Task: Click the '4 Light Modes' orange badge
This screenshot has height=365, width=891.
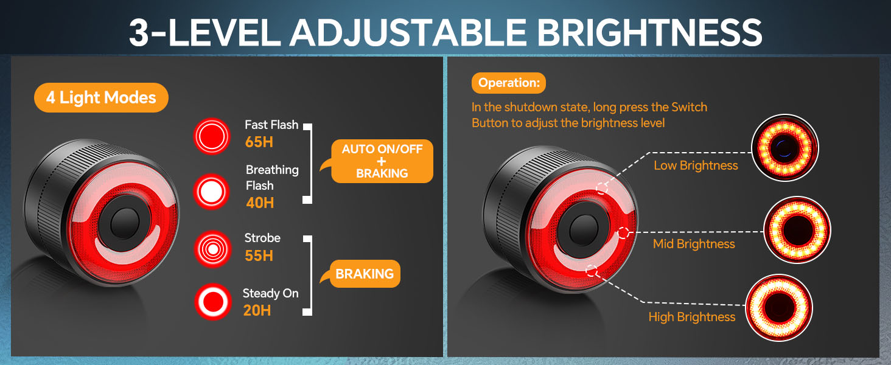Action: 101,97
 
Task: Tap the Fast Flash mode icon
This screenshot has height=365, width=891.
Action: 212,134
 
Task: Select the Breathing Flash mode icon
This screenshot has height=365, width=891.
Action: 212,192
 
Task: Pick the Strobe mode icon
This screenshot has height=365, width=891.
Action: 212,249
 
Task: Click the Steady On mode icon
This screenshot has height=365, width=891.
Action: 212,301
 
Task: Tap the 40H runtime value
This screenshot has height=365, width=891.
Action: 260,203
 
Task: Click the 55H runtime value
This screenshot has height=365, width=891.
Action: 259,255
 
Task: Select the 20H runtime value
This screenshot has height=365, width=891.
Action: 257,310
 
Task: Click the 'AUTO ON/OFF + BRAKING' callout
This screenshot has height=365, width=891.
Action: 382,161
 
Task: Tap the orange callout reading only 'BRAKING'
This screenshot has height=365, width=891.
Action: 365,274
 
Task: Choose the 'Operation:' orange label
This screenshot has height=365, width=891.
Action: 509,83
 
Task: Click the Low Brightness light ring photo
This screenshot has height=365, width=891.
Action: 785,147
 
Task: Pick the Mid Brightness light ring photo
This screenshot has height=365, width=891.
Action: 797,230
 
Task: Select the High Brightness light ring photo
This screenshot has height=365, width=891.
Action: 779,306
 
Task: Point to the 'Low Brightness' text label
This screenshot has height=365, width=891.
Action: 696,165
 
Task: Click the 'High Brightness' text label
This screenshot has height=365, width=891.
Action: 692,317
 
